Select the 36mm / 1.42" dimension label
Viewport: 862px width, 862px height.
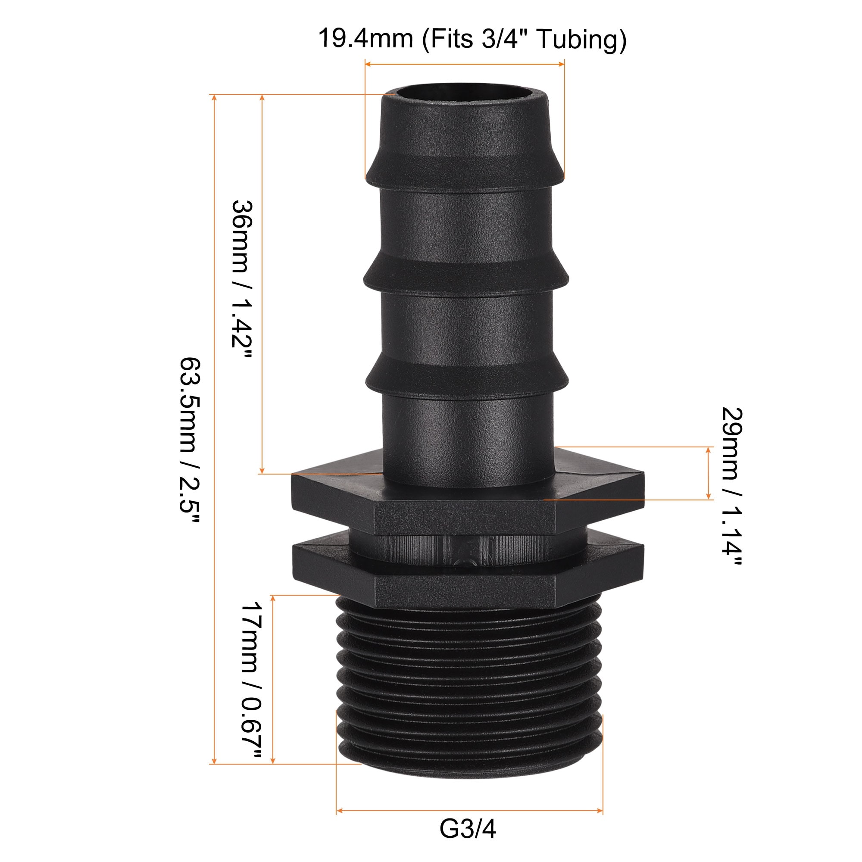[243, 281]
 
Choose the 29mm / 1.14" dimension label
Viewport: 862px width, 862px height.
[732, 487]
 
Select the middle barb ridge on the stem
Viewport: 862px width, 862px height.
[465, 275]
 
